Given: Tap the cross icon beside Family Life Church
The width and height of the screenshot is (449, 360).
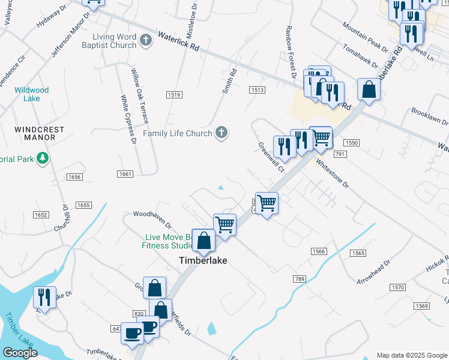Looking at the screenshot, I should [221, 133].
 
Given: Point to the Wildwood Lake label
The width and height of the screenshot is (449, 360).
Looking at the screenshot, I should [31, 94].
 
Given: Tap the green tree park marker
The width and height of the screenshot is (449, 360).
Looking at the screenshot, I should [42, 158].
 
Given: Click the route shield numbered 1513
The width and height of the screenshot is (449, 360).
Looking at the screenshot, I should [257, 90].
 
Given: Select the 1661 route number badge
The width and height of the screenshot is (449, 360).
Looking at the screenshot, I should [125, 173].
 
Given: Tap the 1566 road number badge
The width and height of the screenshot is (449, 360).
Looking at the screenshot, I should [318, 251].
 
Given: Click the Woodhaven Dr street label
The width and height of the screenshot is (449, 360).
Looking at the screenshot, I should [152, 213].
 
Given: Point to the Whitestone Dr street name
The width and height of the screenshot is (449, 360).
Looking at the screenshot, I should [332, 173].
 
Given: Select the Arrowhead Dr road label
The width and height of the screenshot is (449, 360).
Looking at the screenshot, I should [373, 272].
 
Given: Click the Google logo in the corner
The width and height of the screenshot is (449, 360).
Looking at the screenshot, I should [20, 353].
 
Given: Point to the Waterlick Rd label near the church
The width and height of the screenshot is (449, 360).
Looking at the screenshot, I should [178, 44].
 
